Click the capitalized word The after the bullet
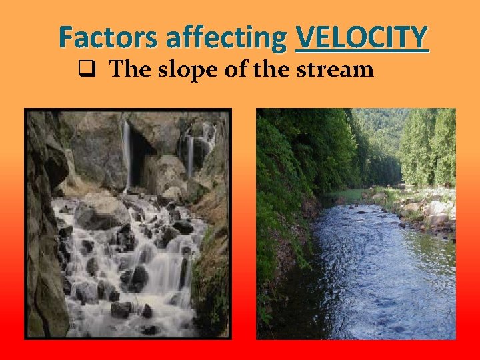click(x=129, y=69)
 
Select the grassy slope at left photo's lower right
click(x=213, y=280)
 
